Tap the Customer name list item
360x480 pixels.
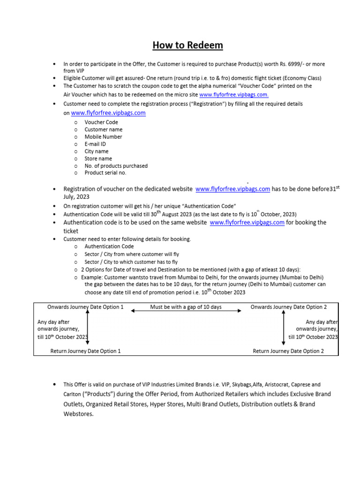point(103,129)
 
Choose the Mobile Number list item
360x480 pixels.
point(103,137)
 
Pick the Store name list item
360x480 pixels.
point(98,158)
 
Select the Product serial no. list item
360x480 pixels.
point(105,173)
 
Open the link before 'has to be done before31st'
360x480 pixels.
point(232,189)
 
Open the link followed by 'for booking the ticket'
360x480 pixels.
point(247,223)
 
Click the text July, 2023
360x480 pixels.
point(76,197)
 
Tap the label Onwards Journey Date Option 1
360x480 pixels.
point(85,307)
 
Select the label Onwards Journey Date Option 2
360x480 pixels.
point(289,307)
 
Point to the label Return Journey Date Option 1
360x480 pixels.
point(85,351)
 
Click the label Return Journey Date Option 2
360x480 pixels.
point(288,351)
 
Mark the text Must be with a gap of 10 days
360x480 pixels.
point(186,307)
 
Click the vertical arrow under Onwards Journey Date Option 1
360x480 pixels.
point(87,329)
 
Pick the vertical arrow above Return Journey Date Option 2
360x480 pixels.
point(283,329)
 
